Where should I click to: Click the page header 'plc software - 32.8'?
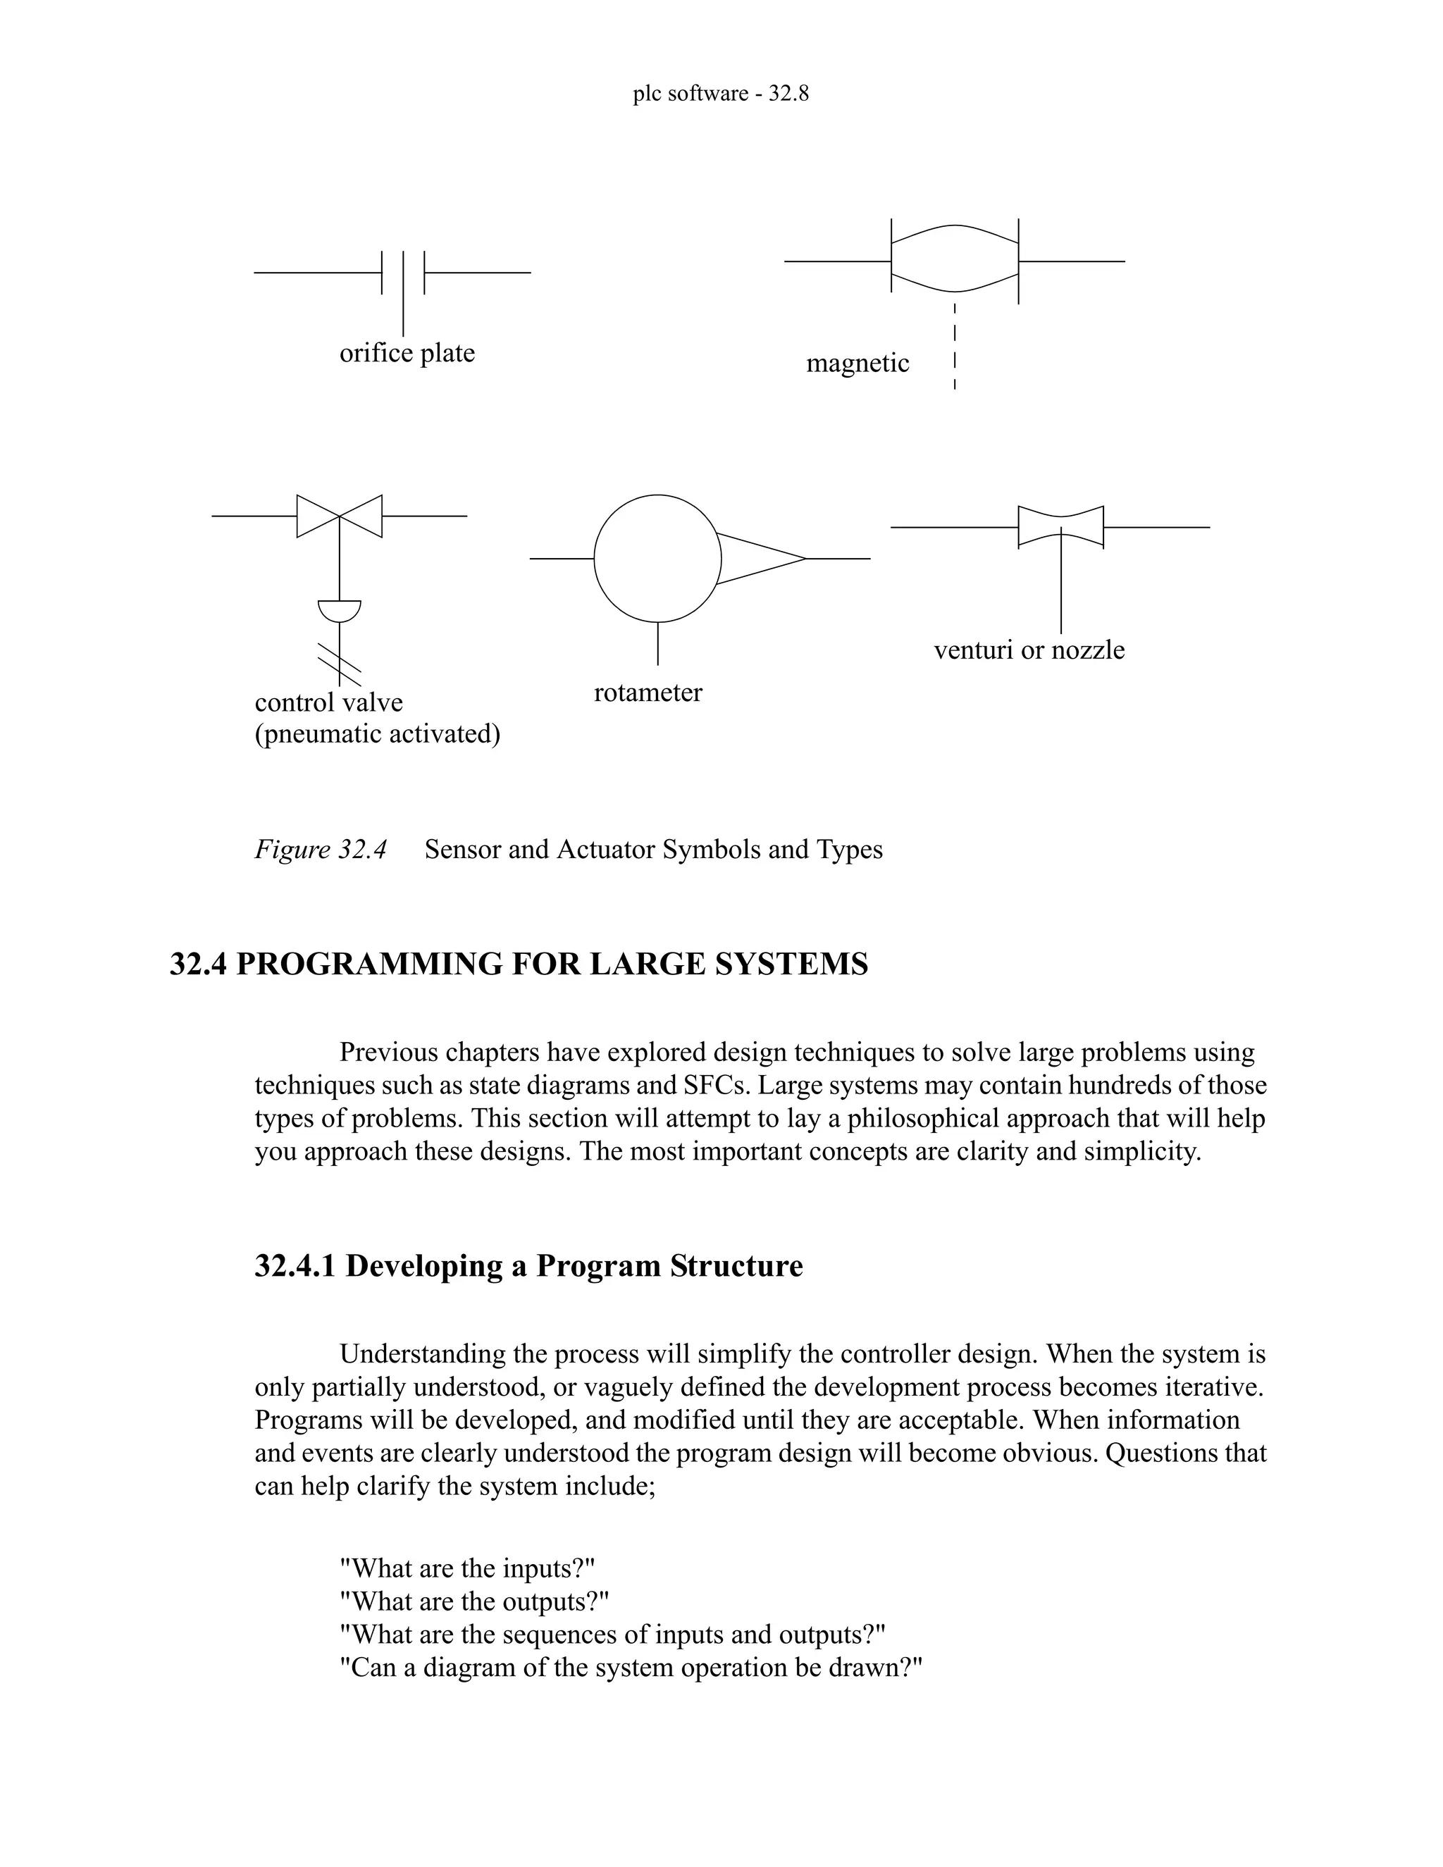click(721, 93)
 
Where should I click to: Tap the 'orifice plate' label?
click(407, 353)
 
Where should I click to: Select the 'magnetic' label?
click(857, 364)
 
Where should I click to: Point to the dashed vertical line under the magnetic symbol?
click(954, 346)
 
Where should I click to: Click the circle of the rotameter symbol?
click(657, 558)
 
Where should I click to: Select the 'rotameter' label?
click(648, 692)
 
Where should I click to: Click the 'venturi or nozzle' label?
click(1029, 650)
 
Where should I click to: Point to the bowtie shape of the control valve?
click(340, 516)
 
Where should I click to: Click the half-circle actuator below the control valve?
click(340, 609)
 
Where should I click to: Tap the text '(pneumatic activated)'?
click(377, 733)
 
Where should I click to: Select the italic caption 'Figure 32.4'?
click(321, 850)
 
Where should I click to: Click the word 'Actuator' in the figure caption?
click(606, 850)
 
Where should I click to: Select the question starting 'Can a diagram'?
click(631, 1668)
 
